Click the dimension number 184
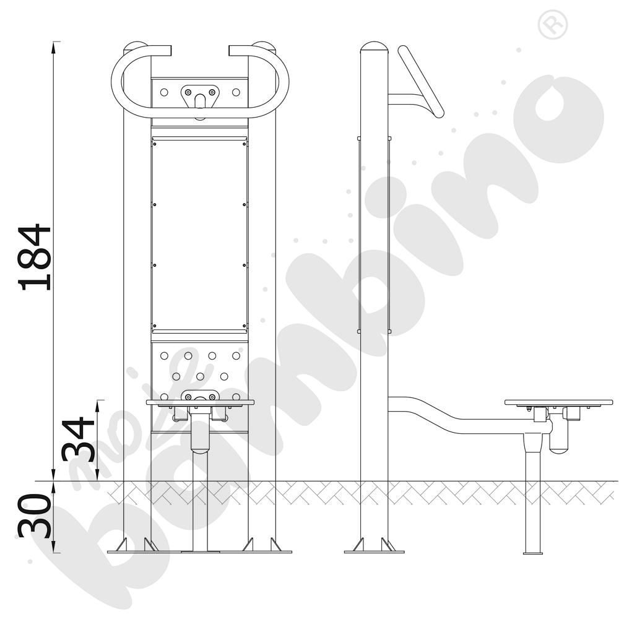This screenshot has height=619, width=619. click(x=34, y=258)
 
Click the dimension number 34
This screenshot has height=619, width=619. click(x=78, y=439)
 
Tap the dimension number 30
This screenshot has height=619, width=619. click(x=34, y=516)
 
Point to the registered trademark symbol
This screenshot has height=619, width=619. click(x=553, y=25)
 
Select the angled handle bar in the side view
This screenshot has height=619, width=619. click(x=421, y=82)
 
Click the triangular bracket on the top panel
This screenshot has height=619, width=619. click(x=200, y=96)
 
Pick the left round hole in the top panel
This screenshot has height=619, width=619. click(x=164, y=92)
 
